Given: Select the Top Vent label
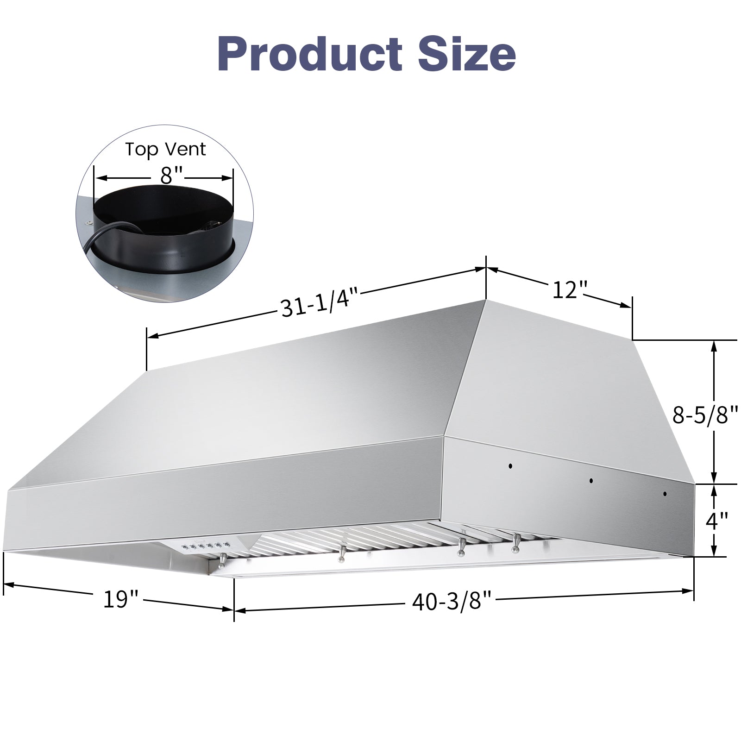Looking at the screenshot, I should pos(165,149).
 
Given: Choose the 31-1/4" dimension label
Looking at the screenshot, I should pos(320,306).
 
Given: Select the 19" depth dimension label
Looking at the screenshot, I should pos(120,599).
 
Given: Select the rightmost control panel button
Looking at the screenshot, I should pos(227,544).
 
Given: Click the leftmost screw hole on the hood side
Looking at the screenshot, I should pos(510,466).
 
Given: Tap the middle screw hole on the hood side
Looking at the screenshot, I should pos(591,481).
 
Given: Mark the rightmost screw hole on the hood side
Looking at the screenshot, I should pos(665,494).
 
